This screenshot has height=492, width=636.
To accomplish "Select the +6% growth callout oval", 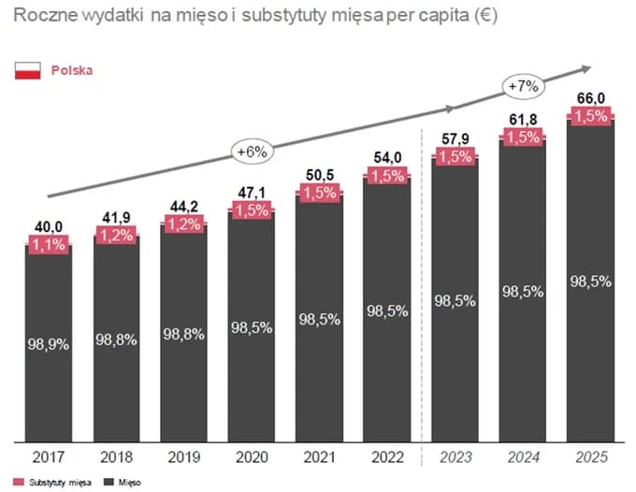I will pyautogui.click(x=253, y=151).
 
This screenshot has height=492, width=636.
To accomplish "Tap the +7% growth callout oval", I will pyautogui.click(x=523, y=86).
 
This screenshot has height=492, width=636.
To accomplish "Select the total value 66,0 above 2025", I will pyautogui.click(x=589, y=98).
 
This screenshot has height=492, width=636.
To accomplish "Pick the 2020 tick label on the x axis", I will pyautogui.click(x=252, y=457).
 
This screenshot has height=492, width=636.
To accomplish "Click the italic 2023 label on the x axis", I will pyautogui.click(x=455, y=457).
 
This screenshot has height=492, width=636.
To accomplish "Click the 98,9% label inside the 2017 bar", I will pyautogui.click(x=47, y=344).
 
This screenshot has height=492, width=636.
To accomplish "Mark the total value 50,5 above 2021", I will pyautogui.click(x=319, y=175).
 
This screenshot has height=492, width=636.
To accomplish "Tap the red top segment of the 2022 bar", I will pyautogui.click(x=386, y=176).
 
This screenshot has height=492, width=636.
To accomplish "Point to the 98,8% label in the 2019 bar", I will pyautogui.click(x=183, y=334).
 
